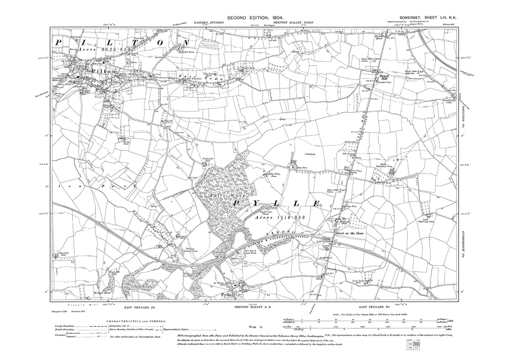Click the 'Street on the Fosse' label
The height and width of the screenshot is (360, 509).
coord(351,234)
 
